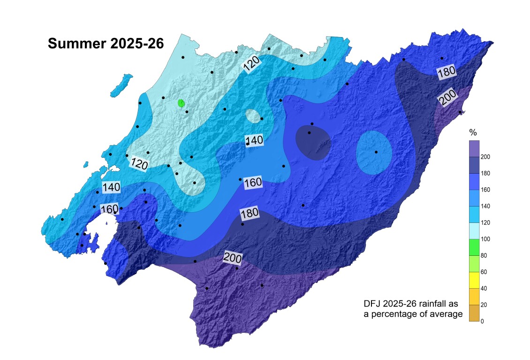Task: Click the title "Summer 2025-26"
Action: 106,44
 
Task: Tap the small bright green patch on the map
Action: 182,103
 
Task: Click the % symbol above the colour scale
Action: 473,132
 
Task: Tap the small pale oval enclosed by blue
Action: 252,115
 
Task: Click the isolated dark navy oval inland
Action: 313,143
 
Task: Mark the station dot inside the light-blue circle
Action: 376,152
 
